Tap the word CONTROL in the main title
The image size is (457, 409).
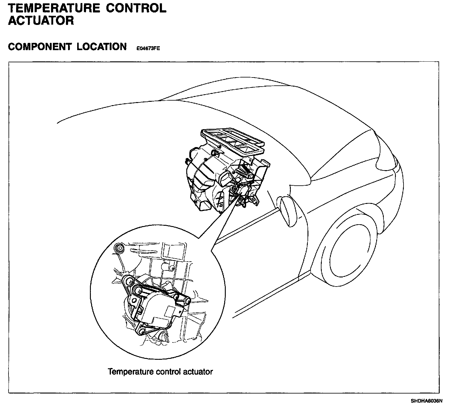pyautogui.click(x=136, y=8)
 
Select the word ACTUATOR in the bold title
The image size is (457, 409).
pyautogui.click(x=41, y=21)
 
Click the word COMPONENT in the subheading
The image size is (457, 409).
pyautogui.click(x=40, y=47)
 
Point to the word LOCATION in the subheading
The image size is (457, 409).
pyautogui.click(x=101, y=47)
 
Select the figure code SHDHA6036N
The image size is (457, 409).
pyautogui.click(x=426, y=401)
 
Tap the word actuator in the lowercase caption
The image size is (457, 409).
pyautogui.click(x=197, y=371)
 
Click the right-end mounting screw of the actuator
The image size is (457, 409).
pyautogui.click(x=187, y=301)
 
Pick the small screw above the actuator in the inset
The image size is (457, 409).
pyautogui.click(x=172, y=268)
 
